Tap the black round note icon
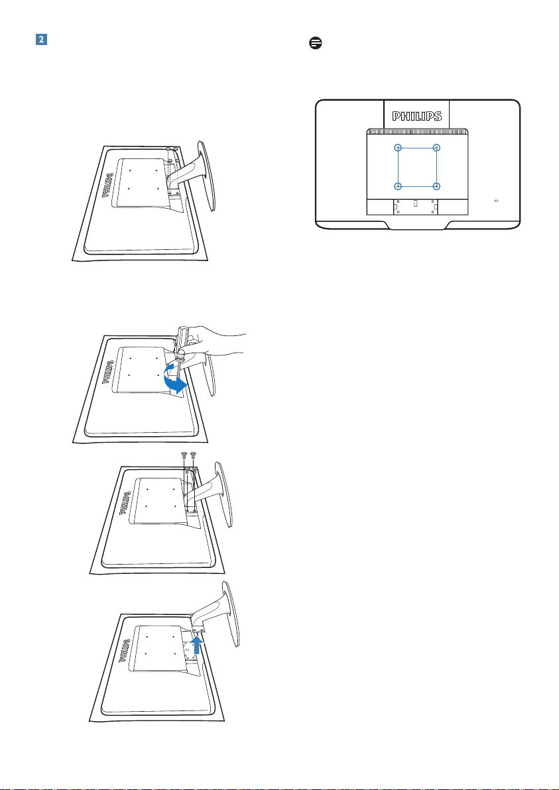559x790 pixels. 316,43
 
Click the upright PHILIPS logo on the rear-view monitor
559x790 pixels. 417,117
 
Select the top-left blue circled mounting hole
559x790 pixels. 398,148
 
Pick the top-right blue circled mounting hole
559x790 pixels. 436,148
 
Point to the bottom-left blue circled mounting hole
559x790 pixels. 398,186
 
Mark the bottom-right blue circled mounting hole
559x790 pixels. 436,186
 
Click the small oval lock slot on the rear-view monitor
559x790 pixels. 497,200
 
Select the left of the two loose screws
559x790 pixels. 185,457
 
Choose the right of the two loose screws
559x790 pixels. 194,457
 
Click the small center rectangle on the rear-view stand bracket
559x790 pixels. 415,204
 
